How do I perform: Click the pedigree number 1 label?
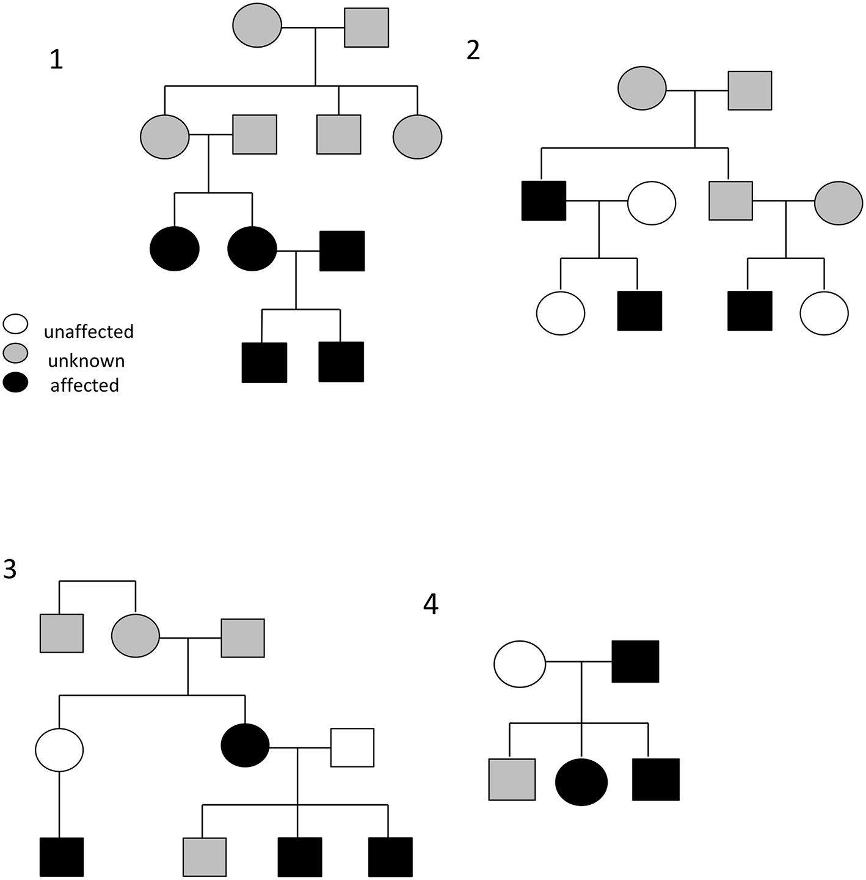tap(56, 60)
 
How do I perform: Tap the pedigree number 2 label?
tap(473, 50)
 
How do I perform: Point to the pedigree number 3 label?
tap(10, 569)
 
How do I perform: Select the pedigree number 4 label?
tap(431, 605)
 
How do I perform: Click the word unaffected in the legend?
tap(89, 332)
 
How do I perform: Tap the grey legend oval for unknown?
tap(15, 353)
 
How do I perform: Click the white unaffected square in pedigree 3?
tap(352, 747)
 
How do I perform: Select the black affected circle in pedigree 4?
tap(581, 782)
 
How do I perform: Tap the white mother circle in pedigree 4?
tap(519, 664)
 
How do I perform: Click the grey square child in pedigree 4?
tap(512, 779)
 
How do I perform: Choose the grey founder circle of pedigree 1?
tap(257, 26)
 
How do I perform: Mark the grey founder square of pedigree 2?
tap(749, 90)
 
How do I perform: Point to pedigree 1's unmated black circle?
tap(175, 248)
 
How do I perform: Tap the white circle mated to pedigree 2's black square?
tap(652, 202)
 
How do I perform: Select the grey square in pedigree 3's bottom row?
tap(205, 856)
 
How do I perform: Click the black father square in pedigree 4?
tap(636, 661)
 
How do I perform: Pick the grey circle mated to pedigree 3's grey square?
tap(136, 636)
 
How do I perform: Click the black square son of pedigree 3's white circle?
tap(62, 857)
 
